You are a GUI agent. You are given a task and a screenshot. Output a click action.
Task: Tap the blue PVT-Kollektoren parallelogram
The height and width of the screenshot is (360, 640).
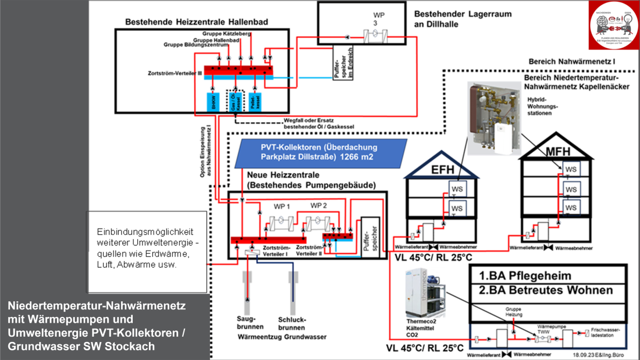[x=318, y=152]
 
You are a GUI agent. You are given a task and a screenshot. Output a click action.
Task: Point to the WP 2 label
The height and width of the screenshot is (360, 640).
[x=319, y=206]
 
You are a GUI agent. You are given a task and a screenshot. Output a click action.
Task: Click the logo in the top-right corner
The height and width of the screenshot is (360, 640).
[x=613, y=26]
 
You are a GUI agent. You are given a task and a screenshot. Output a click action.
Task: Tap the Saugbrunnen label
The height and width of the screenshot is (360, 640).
[x=247, y=324]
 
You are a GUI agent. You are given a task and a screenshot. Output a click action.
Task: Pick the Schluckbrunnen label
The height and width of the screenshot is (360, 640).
[x=291, y=324]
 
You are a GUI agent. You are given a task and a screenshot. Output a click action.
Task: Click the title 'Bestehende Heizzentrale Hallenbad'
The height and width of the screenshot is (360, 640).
[x=197, y=22]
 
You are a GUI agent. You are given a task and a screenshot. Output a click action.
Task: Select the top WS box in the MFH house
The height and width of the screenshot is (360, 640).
[x=571, y=169]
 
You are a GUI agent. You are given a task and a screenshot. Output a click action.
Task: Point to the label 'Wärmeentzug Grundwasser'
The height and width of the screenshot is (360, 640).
[x=274, y=337]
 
